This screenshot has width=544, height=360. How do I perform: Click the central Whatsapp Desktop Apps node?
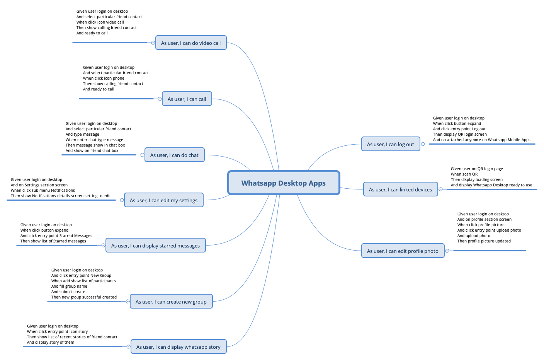pyautogui.click(x=284, y=183)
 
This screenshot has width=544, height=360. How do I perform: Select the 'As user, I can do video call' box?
pyautogui.click(x=191, y=43)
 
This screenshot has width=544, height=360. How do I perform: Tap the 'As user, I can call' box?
pyautogui.click(x=187, y=99)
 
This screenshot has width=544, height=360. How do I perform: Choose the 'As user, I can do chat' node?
pyautogui.click(x=174, y=155)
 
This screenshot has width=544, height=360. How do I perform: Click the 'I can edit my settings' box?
pyautogui.click(x=163, y=200)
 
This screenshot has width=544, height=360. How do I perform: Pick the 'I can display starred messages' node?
pyautogui.click(x=155, y=246)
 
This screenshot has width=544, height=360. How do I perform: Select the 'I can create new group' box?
pyautogui.click(x=171, y=302)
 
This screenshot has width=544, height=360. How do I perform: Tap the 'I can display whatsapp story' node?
pyautogui.click(x=178, y=347)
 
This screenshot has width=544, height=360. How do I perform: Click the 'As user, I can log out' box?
pyautogui.click(x=390, y=144)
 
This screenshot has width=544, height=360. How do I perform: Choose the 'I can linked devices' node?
pyautogui.click(x=400, y=189)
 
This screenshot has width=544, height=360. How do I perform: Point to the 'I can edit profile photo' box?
pyautogui.click(x=403, y=251)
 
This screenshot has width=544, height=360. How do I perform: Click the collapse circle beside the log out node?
pyautogui.click(x=423, y=144)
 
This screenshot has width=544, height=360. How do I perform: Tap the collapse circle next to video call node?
pyautogui.click(x=153, y=43)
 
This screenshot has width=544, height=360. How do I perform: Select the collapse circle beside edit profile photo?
pyautogui.click(x=447, y=251)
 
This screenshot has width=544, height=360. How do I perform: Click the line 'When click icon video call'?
pyautogui.click(x=100, y=22)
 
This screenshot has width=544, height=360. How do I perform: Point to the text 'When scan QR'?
pyautogui.click(x=464, y=174)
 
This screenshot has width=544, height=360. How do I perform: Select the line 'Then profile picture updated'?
pyautogui.click(x=484, y=241)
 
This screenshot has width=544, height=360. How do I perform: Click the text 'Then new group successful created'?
pyautogui.click(x=84, y=297)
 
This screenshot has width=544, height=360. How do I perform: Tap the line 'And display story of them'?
pyautogui.click(x=51, y=343)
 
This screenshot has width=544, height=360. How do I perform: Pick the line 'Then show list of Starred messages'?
pyautogui.click(x=53, y=241)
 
